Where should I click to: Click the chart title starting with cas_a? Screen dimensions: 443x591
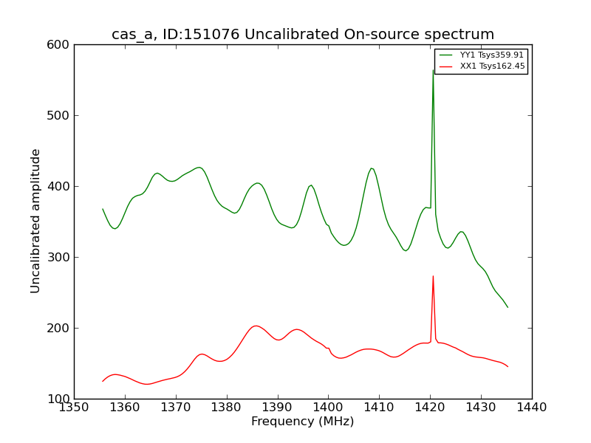tap(303, 35)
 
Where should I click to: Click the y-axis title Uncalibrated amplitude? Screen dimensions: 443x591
tap(35, 221)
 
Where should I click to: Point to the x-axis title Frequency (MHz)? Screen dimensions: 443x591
tap(302, 422)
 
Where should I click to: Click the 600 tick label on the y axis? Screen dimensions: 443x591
tap(60, 45)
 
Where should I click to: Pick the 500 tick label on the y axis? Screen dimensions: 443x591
tap(60, 116)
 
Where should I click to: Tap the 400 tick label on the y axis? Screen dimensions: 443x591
tap(60, 187)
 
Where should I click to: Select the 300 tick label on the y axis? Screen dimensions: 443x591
tap(60, 258)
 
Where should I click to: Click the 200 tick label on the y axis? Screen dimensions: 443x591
tap(60, 329)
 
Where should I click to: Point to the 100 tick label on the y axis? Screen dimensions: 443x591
tap(60, 399)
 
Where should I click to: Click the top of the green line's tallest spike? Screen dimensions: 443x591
tap(433, 70)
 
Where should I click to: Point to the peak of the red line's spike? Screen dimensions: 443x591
tap(433, 276)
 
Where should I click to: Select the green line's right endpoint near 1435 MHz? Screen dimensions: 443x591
tap(508, 307)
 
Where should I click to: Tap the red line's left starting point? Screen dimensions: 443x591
tap(103, 381)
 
